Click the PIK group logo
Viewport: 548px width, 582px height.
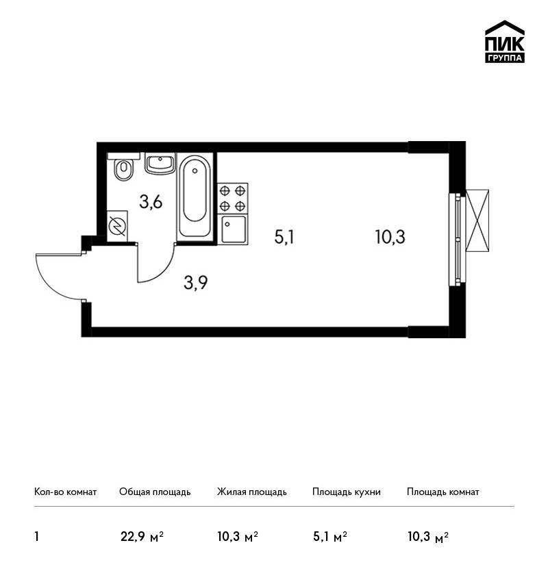(x=505, y=42)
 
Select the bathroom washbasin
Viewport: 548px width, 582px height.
(x=160, y=164)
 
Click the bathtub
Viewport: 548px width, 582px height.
(x=195, y=197)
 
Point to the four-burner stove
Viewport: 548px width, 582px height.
(x=233, y=198)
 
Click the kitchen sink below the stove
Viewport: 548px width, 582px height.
(x=233, y=229)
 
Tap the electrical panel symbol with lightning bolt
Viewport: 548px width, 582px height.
(x=117, y=226)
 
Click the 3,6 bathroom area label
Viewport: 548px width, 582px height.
(x=151, y=202)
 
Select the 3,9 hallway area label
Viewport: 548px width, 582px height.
(x=196, y=283)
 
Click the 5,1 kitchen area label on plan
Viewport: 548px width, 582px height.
(x=284, y=237)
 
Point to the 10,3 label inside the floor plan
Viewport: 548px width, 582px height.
(x=390, y=237)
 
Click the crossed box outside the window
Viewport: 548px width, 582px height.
(x=477, y=221)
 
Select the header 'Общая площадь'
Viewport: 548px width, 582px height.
(x=155, y=492)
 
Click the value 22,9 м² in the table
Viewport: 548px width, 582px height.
(x=142, y=537)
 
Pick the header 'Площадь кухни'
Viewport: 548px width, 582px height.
(x=347, y=492)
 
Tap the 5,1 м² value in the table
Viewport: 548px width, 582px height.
(x=330, y=537)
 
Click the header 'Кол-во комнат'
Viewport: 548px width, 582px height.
(x=65, y=492)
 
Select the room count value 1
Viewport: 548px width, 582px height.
(x=36, y=537)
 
